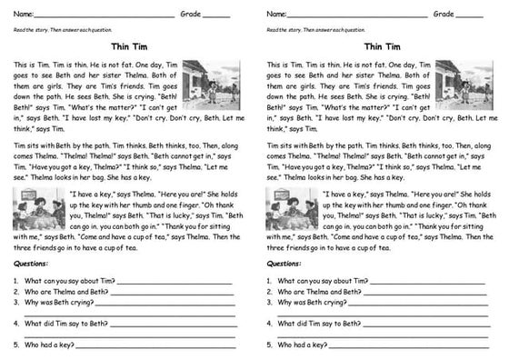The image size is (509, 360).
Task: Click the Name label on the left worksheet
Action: (24, 15)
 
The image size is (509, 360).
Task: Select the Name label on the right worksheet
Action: (276, 15)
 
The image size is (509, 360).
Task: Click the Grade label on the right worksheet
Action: (443, 15)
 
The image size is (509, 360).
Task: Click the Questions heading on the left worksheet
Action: (33, 264)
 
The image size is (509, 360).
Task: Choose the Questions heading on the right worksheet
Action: (285, 264)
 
